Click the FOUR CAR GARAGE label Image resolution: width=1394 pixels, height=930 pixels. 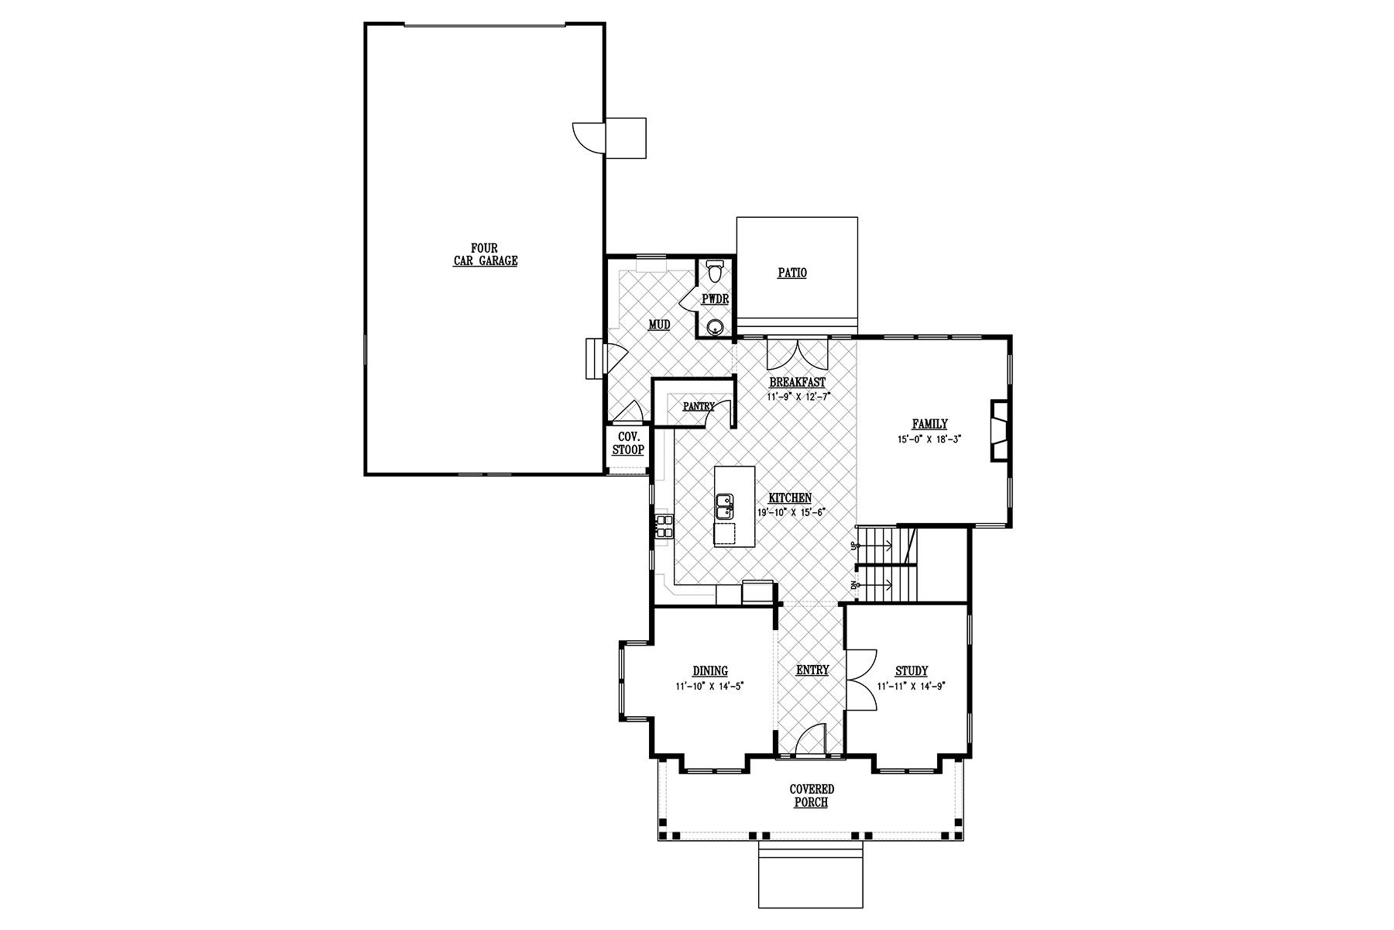[x=486, y=255]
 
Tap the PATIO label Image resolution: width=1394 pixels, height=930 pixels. [x=792, y=273]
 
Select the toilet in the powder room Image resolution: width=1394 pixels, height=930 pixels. [x=713, y=273]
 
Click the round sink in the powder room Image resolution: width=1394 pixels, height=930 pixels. [x=716, y=325]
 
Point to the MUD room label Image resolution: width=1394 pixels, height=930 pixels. [x=659, y=325]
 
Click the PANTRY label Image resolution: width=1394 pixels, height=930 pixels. [x=699, y=406]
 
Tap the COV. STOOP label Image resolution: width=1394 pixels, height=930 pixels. [x=628, y=443]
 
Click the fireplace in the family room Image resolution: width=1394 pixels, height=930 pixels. [x=1000, y=432]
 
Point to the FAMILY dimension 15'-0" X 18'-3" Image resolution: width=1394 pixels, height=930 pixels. [x=929, y=439]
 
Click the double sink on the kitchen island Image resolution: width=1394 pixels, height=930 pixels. [x=725, y=507]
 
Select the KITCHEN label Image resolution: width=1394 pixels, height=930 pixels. [x=790, y=498]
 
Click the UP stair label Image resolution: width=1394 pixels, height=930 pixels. [x=854, y=546]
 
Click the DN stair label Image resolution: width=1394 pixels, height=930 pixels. [x=854, y=584]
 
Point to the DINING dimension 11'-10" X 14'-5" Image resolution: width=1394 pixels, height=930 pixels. [x=710, y=686]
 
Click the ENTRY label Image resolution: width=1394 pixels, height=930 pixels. [x=812, y=670]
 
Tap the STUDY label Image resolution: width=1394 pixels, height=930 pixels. [x=912, y=671]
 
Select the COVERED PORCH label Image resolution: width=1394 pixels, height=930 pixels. [x=812, y=796]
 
